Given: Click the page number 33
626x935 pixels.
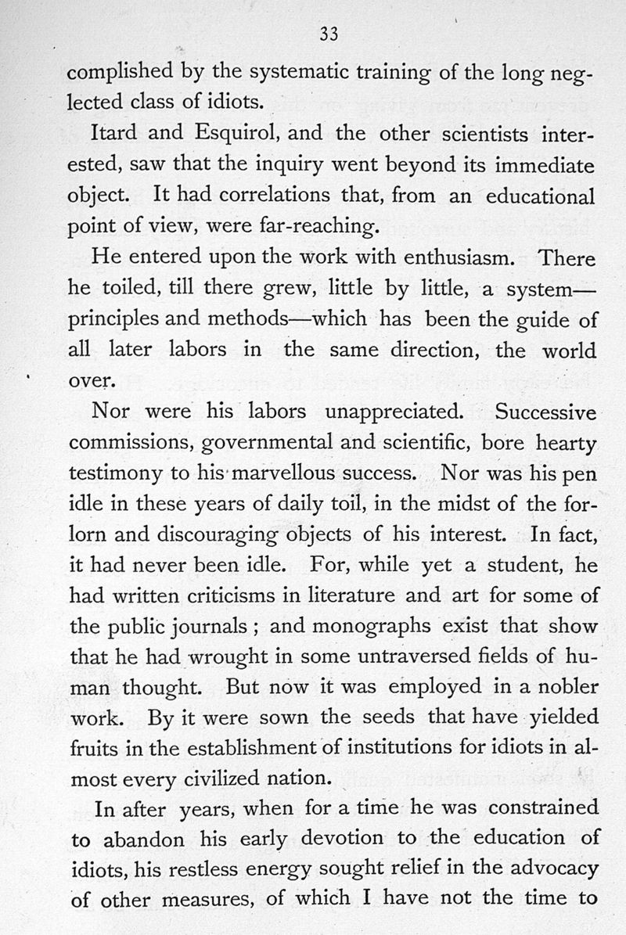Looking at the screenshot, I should tap(328, 34).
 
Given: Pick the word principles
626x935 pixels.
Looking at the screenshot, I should tap(115, 321).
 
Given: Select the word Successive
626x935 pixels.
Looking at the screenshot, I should tap(545, 411).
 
